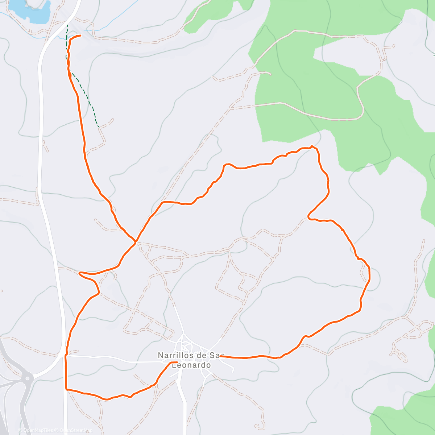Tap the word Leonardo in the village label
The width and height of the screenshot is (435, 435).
coord(191,365)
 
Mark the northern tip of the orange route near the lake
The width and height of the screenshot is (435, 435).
coord(79,35)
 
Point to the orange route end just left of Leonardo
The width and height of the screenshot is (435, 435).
coord(177,362)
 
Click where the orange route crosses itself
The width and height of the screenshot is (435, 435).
coord(135,242)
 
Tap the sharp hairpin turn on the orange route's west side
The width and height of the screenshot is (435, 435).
coord(80,273)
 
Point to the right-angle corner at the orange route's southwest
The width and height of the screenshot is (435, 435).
coord(66,389)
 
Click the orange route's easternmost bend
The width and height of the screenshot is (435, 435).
coord(369,275)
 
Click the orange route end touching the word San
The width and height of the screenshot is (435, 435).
coord(220,356)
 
